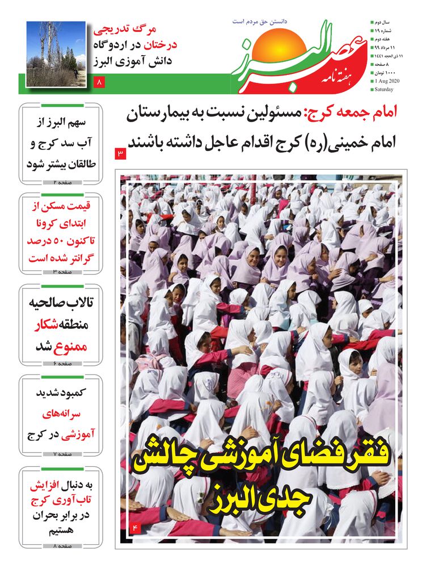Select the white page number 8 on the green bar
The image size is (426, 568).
point(100,83)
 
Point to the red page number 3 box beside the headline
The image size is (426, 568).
point(120,153)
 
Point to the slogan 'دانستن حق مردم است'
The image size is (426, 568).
point(260,21)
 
